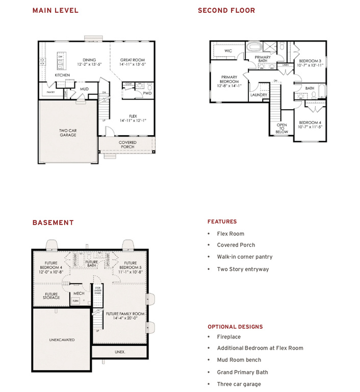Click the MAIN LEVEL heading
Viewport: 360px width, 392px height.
pyautogui.click(x=55, y=11)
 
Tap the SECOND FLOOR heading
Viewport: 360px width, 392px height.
pyautogui.click(x=226, y=11)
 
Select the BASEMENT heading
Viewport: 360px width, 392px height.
pyautogui.click(x=53, y=223)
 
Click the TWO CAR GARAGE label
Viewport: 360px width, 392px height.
pyautogui.click(x=67, y=133)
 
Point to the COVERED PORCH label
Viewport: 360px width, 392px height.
pyautogui.click(x=127, y=144)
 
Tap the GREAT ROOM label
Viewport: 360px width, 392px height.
pyautogui.click(x=133, y=62)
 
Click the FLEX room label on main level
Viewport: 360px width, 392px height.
pyautogui.click(x=133, y=118)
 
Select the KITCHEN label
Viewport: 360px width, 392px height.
pyautogui.click(x=62, y=75)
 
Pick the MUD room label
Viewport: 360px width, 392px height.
pyautogui.click(x=84, y=89)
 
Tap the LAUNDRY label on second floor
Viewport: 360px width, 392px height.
pyautogui.click(x=259, y=95)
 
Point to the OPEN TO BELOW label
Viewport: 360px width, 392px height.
pyautogui.click(x=281, y=128)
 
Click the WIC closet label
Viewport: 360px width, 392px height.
pyautogui.click(x=228, y=51)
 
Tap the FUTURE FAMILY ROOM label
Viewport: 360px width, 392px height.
pyautogui.click(x=125, y=316)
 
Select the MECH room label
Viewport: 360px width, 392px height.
pyautogui.click(x=79, y=293)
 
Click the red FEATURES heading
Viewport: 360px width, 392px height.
pyautogui.click(x=222, y=222)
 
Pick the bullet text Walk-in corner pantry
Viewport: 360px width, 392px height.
pyautogui.click(x=244, y=257)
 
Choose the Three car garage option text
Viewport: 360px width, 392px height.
pyautogui.click(x=239, y=384)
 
